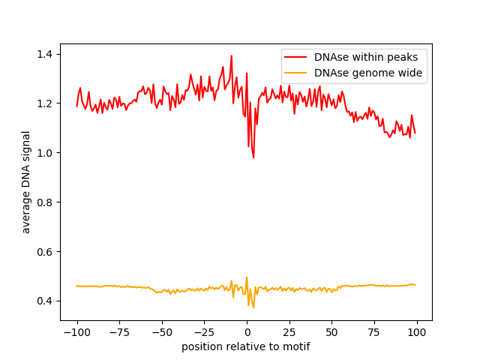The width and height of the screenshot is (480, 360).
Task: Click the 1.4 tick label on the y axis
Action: [x=46, y=54]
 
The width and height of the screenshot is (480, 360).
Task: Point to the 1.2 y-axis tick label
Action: [x=46, y=103]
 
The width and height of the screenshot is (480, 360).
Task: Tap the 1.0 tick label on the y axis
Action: [x=46, y=153]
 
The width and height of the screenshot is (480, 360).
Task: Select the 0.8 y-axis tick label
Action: [x=46, y=202]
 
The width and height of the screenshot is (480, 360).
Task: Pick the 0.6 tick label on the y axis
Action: [x=46, y=252]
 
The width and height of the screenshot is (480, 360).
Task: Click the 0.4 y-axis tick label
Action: [x=46, y=301]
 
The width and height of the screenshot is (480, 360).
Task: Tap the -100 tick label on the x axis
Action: [x=76, y=332]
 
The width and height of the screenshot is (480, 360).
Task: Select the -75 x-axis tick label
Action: [x=119, y=332]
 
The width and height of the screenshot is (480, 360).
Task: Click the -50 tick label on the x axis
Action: [x=162, y=332]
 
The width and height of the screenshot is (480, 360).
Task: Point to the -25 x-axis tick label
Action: [x=204, y=332]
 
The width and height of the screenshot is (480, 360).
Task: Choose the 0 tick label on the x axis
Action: [x=247, y=332]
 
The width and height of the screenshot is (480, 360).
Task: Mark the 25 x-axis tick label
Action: [x=289, y=332]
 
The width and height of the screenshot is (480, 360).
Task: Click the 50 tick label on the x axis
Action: [x=332, y=332]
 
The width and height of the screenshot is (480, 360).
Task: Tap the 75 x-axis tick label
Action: [x=374, y=332]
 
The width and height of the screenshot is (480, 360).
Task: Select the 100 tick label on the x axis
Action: [x=417, y=332]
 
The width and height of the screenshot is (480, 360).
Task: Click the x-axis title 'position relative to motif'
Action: [x=245, y=346]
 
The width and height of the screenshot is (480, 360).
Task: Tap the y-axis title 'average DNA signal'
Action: [x=26, y=182]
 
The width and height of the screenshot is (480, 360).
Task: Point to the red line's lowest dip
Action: [x=253, y=157]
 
